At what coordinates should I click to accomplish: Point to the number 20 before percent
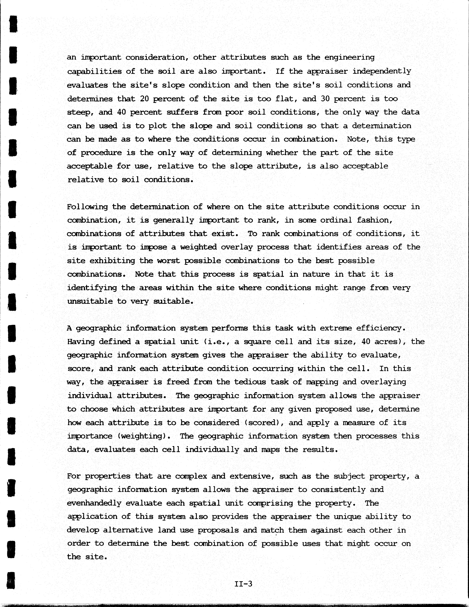click(144, 99)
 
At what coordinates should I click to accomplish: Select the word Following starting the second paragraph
click(87, 207)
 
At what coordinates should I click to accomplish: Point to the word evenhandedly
click(94, 503)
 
